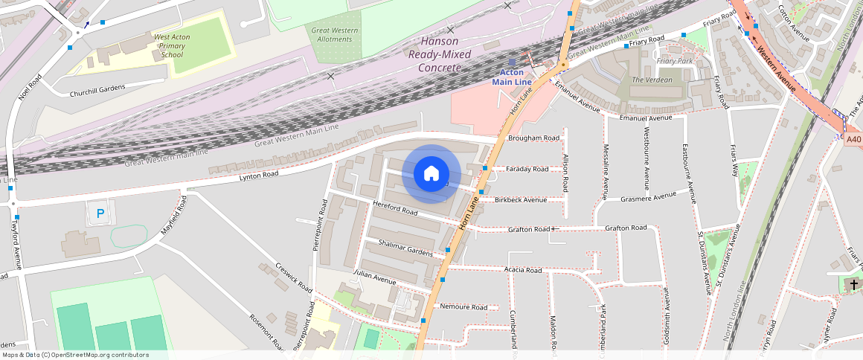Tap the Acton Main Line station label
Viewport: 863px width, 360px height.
tap(512, 77)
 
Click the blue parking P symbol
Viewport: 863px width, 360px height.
tap(100, 214)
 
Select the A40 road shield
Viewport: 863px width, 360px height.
tap(853, 138)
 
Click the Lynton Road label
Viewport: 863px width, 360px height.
tap(259, 176)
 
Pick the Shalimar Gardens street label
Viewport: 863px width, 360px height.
tap(405, 248)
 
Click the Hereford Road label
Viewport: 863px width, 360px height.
tap(396, 210)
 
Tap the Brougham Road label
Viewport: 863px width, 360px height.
tap(533, 138)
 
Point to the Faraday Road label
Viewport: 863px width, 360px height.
tap(527, 169)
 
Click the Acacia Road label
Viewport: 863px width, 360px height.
tap(523, 270)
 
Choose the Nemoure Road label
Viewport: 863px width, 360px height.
tap(463, 307)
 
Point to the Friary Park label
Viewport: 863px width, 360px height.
tap(675, 61)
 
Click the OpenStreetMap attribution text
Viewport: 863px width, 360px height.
tap(74, 355)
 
